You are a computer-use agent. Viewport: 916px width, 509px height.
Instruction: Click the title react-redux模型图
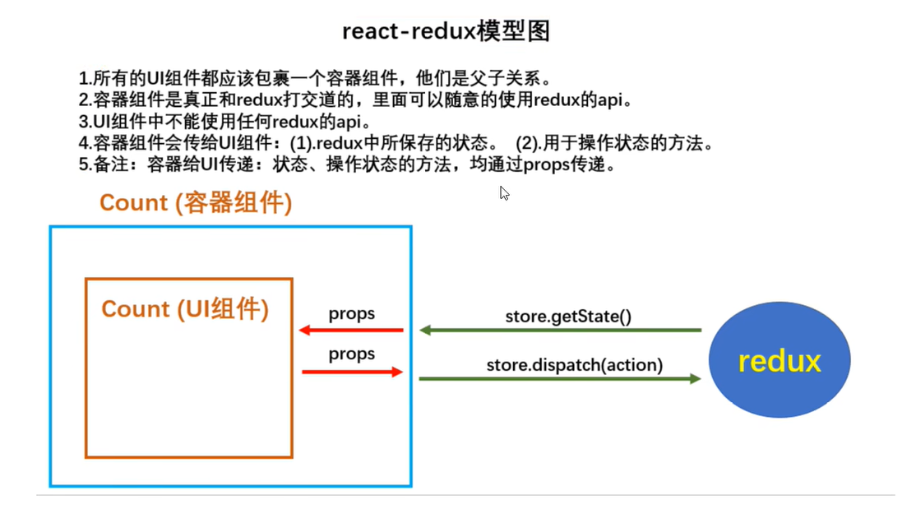pos(446,31)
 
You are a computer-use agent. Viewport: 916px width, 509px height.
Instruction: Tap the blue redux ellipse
pos(779,360)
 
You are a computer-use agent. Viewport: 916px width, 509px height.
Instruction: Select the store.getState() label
pos(568,316)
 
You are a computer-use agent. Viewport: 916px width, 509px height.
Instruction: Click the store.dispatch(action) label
pos(574,364)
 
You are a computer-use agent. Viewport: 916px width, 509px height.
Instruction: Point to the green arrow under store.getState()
pos(560,331)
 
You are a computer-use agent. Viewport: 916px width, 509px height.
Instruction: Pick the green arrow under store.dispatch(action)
pos(560,378)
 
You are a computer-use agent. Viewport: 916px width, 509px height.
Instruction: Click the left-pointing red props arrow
pos(351,331)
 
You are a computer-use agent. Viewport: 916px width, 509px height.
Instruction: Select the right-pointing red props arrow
pos(352,372)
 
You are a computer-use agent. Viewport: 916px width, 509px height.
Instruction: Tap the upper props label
pos(351,313)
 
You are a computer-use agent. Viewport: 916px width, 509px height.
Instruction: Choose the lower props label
pos(351,354)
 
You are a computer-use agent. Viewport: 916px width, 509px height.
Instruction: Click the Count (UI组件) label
pos(185,309)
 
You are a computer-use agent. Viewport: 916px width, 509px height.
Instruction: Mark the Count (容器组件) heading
pos(196,202)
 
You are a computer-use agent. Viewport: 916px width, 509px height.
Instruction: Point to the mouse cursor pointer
pos(504,193)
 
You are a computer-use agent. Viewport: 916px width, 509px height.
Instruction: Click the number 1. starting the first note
pos(85,80)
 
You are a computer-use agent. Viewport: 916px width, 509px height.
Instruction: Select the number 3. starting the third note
pos(85,123)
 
